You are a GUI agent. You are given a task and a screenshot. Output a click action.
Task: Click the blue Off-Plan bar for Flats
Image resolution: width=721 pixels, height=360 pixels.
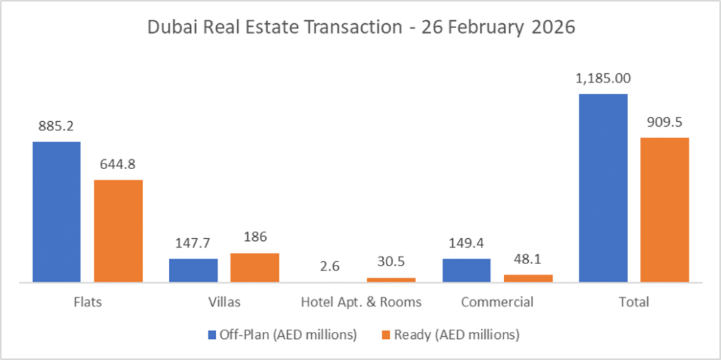point(56,211)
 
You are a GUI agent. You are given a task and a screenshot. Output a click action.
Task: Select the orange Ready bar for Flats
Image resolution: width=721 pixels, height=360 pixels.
point(118,231)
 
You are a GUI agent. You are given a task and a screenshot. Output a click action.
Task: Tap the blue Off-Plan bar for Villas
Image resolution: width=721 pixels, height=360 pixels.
point(193,271)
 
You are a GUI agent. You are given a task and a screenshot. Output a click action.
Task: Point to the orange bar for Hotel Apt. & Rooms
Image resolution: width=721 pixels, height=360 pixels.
point(391,280)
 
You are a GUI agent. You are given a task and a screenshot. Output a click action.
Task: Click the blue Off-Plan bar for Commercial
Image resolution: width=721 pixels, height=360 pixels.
point(466,271)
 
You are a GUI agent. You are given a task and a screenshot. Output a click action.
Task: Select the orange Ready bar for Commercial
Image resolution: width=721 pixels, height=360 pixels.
point(528,278)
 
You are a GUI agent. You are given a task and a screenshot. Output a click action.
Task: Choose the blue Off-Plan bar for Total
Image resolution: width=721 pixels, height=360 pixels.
point(603,187)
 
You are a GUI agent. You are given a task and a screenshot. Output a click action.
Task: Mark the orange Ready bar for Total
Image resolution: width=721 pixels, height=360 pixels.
point(665,210)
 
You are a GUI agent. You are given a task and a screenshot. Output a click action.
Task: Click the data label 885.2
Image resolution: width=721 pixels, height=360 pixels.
point(56,127)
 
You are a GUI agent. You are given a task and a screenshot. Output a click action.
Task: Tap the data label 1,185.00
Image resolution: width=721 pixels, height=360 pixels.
point(603,79)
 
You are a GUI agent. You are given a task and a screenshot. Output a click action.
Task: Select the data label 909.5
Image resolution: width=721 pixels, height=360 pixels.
point(665,123)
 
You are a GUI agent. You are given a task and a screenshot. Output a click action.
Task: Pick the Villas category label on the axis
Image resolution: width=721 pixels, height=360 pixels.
point(225,302)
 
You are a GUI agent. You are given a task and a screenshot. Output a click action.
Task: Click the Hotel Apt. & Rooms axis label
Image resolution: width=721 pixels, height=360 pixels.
point(361,302)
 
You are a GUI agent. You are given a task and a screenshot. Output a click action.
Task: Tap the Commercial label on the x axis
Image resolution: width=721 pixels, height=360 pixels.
point(497,302)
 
